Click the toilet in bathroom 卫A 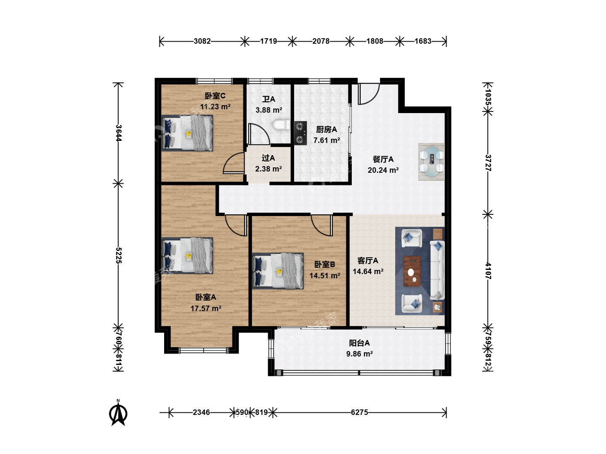click(x=282, y=125)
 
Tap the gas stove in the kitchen click(x=300, y=133)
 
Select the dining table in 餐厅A click(x=431, y=161)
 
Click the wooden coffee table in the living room click(x=412, y=271)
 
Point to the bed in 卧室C click(x=187, y=133)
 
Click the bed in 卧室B click(x=278, y=271)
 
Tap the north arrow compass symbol click(x=118, y=413)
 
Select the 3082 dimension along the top click(x=202, y=41)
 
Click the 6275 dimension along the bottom click(x=359, y=412)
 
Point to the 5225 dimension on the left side click(x=119, y=256)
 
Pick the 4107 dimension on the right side click(x=488, y=271)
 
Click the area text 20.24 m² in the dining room click(x=383, y=170)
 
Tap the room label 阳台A click(x=359, y=343)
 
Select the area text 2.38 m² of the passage click(x=268, y=169)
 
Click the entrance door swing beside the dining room click(x=369, y=94)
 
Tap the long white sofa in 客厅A click(x=437, y=270)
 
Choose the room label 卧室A click(x=206, y=297)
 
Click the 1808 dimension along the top click(x=375, y=41)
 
